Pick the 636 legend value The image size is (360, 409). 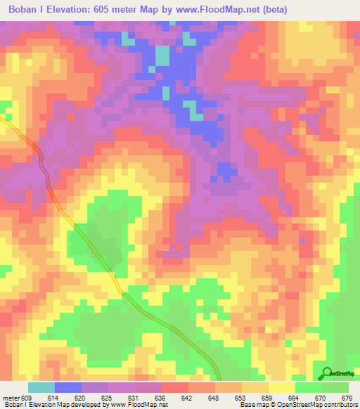(162, 398)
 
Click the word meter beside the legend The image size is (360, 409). (10, 398)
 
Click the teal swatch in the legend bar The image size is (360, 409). (41, 387)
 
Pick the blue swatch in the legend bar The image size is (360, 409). (67, 387)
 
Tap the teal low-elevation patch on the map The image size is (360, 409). (162, 55)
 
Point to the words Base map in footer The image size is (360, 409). (252, 405)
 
